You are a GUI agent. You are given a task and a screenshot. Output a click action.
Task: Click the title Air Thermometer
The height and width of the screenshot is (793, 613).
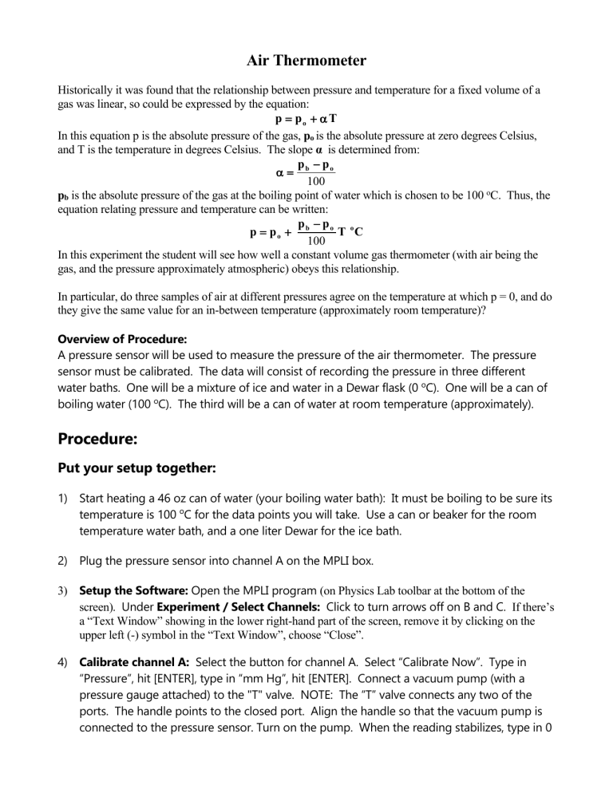tap(306, 61)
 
